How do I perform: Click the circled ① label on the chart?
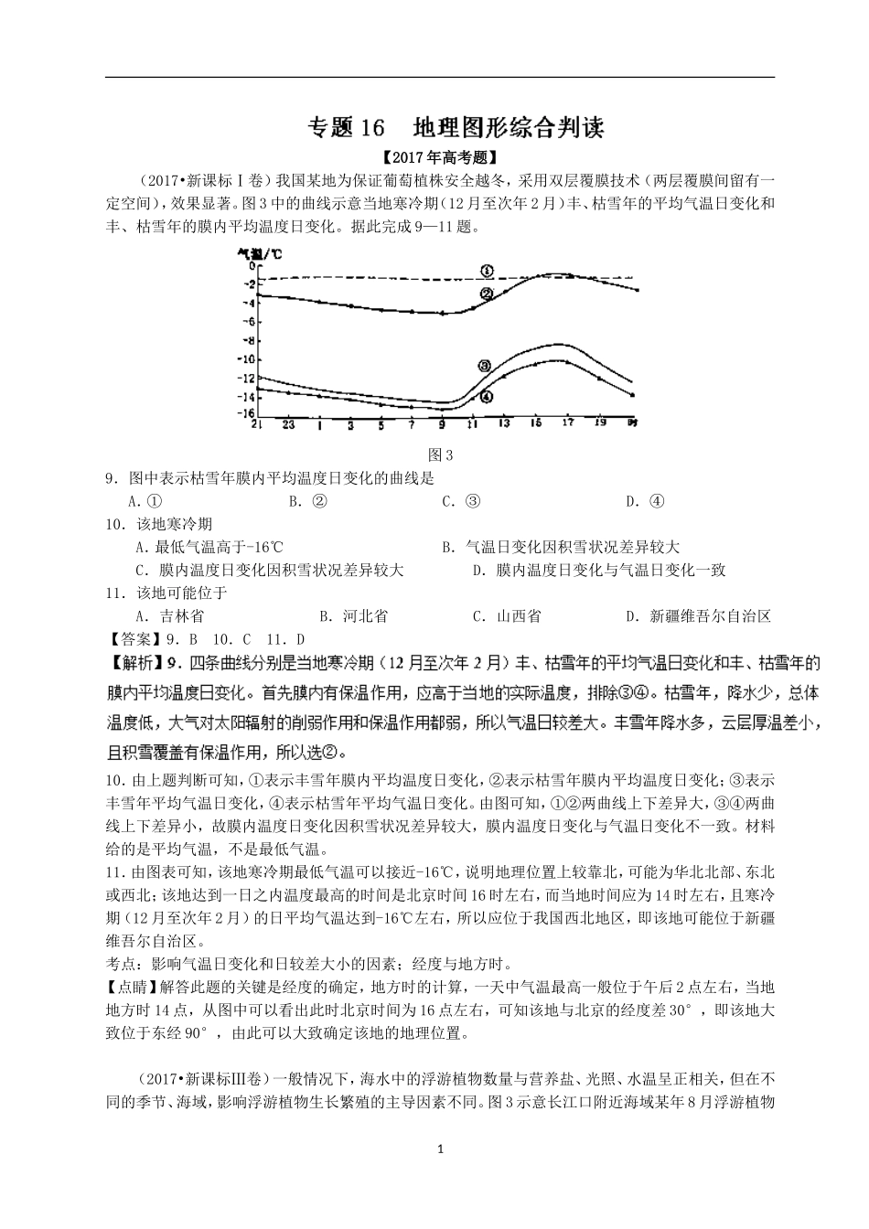coord(486,271)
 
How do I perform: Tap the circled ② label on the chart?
coord(486,294)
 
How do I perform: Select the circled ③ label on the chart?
coord(485,365)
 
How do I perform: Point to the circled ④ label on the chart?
coord(486,397)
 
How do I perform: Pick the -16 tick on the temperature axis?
coord(246,413)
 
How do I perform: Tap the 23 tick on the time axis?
coord(288,424)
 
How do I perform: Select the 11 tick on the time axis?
coord(472,424)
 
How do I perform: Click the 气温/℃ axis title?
coord(260,252)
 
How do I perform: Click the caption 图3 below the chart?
coord(441,454)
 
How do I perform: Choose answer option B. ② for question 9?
coord(308,500)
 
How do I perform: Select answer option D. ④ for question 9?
coord(645,500)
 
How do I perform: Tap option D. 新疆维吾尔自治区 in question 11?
coord(699,615)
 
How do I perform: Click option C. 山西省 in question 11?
coord(506,615)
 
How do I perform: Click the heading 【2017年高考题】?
coord(440,157)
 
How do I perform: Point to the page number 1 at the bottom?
coord(441,1149)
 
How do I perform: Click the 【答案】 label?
coord(132,638)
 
